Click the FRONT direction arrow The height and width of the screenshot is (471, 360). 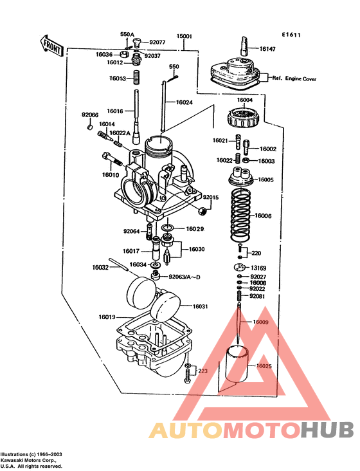click(x=52, y=46)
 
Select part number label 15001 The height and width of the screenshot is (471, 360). click(x=185, y=37)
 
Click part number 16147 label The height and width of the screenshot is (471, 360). click(x=268, y=48)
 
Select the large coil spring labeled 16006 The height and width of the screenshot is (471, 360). click(x=242, y=215)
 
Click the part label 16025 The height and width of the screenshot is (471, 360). click(x=264, y=365)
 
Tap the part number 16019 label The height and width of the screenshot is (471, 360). click(x=107, y=317)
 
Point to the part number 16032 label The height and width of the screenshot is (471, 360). click(x=100, y=267)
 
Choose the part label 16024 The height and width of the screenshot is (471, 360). click(x=184, y=102)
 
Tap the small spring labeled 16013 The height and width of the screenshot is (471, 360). click(x=137, y=79)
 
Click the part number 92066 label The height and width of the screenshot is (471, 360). click(x=90, y=115)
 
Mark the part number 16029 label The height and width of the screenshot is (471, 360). click(x=195, y=228)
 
